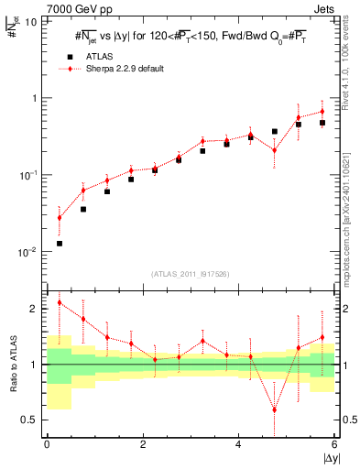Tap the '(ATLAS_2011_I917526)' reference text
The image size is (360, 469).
pyautogui.click(x=191, y=274)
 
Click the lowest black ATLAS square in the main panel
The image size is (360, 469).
pyautogui.click(x=60, y=244)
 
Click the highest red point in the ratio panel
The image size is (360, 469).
pyautogui.click(x=60, y=302)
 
